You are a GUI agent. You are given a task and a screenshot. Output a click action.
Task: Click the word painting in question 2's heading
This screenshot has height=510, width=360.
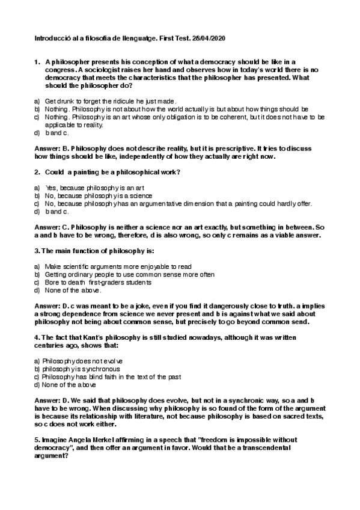point(86,173)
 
